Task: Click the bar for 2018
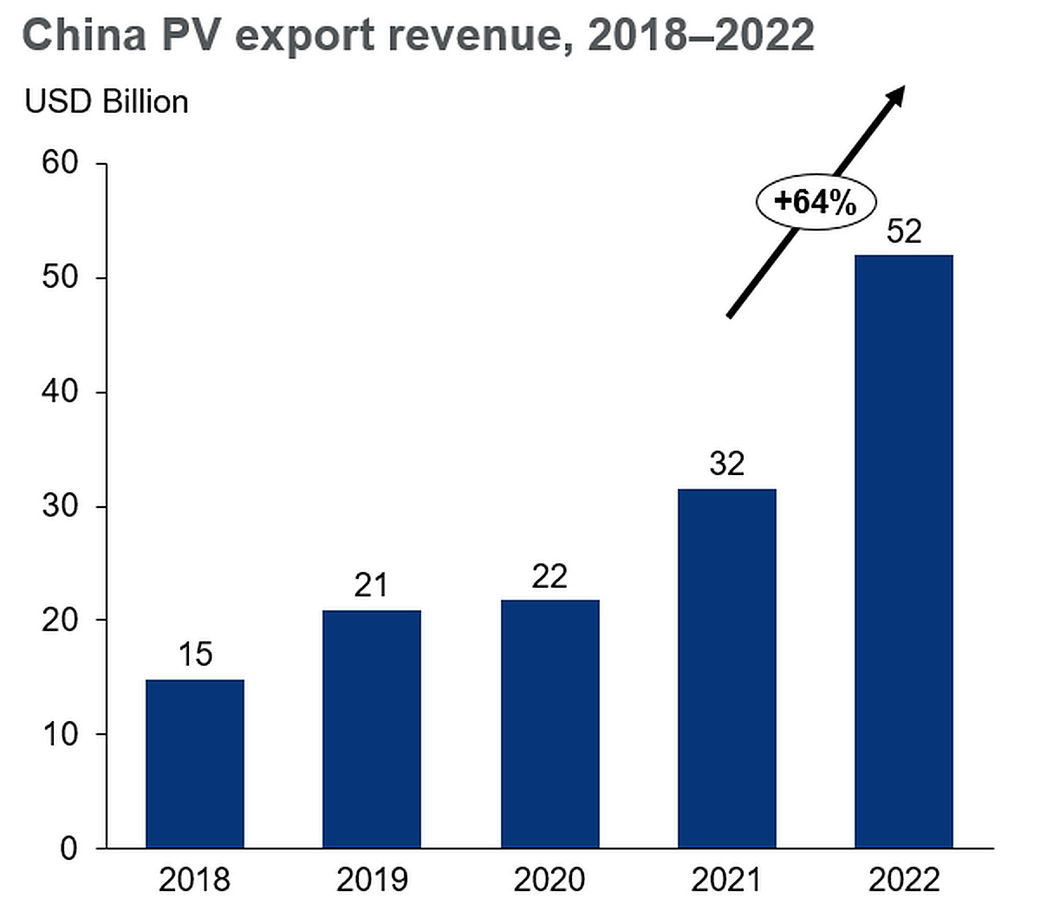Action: point(194,763)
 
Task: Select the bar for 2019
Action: point(371,728)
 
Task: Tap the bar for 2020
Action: point(550,723)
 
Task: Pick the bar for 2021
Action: point(726,667)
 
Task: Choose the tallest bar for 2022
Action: point(903,550)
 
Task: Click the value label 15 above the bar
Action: point(195,654)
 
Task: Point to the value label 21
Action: point(371,586)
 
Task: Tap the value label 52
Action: point(903,231)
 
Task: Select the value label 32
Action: point(726,465)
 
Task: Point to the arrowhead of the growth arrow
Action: point(897,94)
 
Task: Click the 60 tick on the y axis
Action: point(60,163)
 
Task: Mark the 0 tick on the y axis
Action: point(68,849)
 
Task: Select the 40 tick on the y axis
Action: point(60,392)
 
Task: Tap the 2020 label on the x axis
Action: point(550,880)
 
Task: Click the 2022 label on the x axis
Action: point(903,880)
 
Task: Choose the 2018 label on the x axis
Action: point(194,880)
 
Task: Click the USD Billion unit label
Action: point(107,101)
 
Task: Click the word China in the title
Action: point(83,36)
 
